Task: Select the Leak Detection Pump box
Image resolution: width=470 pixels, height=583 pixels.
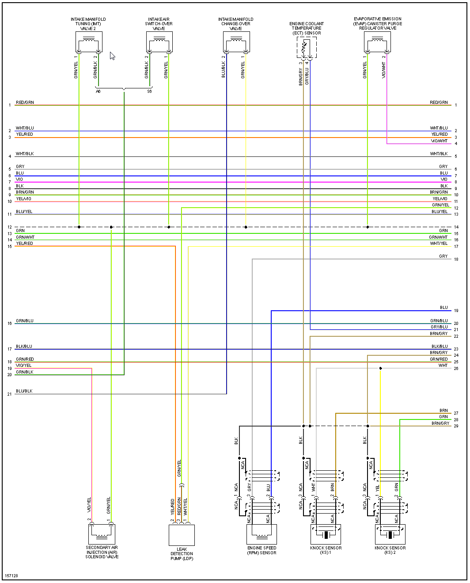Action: (x=182, y=535)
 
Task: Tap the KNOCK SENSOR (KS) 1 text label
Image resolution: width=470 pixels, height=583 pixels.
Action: (x=326, y=550)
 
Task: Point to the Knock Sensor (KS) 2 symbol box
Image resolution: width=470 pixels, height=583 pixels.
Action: (x=390, y=534)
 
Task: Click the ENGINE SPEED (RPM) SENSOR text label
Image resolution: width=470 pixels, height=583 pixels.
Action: (x=262, y=550)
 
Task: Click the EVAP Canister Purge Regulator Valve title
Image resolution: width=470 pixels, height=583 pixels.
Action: (x=378, y=23)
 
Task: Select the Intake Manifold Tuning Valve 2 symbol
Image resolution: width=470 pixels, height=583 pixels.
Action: (x=89, y=42)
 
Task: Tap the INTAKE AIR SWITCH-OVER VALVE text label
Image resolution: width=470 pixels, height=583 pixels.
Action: (x=159, y=24)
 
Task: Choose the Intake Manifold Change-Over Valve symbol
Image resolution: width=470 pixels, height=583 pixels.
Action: (x=237, y=42)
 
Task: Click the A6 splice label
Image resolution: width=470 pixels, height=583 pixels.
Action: (x=98, y=91)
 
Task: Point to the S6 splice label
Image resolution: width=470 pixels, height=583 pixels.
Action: (x=149, y=91)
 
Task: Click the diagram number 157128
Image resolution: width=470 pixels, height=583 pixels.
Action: (x=12, y=576)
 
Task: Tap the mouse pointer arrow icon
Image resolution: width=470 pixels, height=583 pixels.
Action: (x=112, y=56)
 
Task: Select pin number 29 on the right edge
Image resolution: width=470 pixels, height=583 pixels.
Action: (x=456, y=426)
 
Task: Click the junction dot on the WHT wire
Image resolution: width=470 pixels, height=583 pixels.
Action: (x=380, y=368)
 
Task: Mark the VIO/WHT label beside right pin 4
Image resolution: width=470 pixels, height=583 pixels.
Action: (x=439, y=141)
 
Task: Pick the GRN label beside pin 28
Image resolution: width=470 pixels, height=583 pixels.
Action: (x=443, y=417)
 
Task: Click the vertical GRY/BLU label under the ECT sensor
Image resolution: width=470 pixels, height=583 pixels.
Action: (x=307, y=76)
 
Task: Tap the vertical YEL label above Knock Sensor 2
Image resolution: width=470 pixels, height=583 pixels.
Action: (x=378, y=488)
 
